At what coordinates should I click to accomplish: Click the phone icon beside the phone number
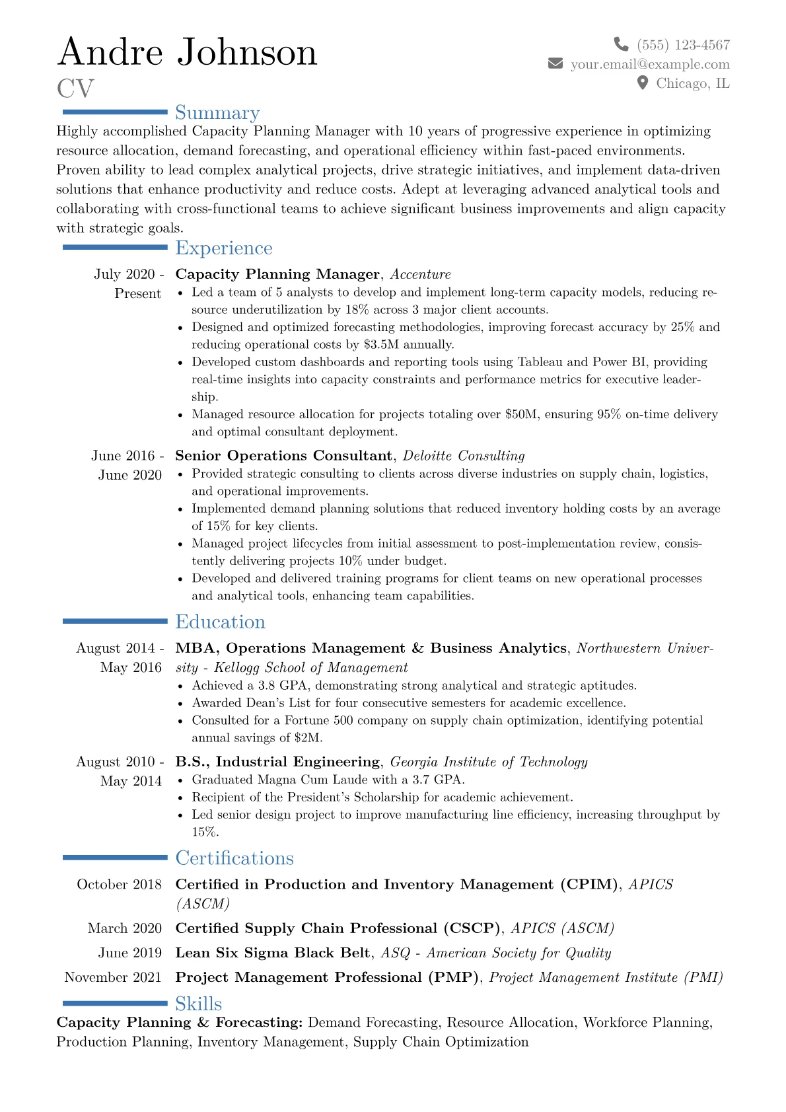(x=621, y=44)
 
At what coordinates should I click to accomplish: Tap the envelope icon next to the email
(x=555, y=63)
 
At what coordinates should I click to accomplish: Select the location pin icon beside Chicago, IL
(x=642, y=83)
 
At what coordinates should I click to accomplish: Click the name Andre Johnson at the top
(x=188, y=52)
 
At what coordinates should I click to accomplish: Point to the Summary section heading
(x=217, y=113)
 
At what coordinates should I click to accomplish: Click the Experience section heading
(x=224, y=248)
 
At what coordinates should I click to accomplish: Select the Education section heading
(x=220, y=622)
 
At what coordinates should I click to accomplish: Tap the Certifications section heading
(x=234, y=858)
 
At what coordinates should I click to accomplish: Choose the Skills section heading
(x=198, y=1004)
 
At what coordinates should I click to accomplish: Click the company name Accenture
(x=420, y=274)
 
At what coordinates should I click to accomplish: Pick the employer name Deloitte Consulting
(x=464, y=456)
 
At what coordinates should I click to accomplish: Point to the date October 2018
(x=119, y=885)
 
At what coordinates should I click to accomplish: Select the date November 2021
(x=113, y=977)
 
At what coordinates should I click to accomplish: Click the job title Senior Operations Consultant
(x=283, y=456)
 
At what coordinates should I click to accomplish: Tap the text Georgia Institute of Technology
(x=489, y=762)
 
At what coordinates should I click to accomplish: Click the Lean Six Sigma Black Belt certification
(x=273, y=953)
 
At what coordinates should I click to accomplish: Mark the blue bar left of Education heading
(x=115, y=621)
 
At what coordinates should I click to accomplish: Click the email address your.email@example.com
(x=650, y=64)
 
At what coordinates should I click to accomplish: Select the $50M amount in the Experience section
(x=522, y=414)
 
